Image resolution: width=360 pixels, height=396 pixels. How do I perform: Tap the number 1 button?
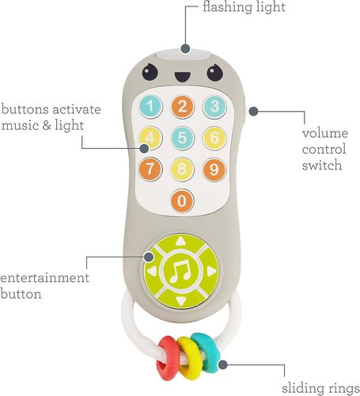pyautogui.click(x=150, y=107)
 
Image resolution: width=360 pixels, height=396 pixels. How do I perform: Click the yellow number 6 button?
pyautogui.click(x=214, y=138)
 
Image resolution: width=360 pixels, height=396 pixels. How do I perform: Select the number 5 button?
pyautogui.click(x=182, y=138)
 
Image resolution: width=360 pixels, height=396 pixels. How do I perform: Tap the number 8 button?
pyautogui.click(x=182, y=169)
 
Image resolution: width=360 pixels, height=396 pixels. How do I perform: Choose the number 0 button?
pyautogui.click(x=182, y=200)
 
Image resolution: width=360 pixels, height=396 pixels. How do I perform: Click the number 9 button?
pyautogui.click(x=214, y=169)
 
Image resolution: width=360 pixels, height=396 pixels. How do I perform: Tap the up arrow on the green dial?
pyautogui.click(x=180, y=241)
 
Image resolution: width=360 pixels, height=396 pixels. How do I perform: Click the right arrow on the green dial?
pyautogui.click(x=211, y=271)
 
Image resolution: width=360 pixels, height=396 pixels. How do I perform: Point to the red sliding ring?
pyautogui.click(x=168, y=358)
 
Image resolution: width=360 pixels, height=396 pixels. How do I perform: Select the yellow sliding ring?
pyautogui.click(x=190, y=358)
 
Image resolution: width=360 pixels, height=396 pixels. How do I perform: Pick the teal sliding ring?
pyautogui.click(x=207, y=352)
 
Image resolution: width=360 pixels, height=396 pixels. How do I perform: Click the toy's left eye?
pyautogui.click(x=150, y=72)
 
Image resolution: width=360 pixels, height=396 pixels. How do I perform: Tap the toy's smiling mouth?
pyautogui.click(x=183, y=77)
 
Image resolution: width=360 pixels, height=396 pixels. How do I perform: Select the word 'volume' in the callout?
pyautogui.click(x=325, y=133)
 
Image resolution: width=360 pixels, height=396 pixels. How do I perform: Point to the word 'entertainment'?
pyautogui.click(x=44, y=278)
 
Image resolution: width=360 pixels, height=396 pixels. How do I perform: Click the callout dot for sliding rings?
pyautogui.click(x=223, y=365)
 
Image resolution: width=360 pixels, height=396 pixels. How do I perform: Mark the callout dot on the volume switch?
pyautogui.click(x=253, y=111)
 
